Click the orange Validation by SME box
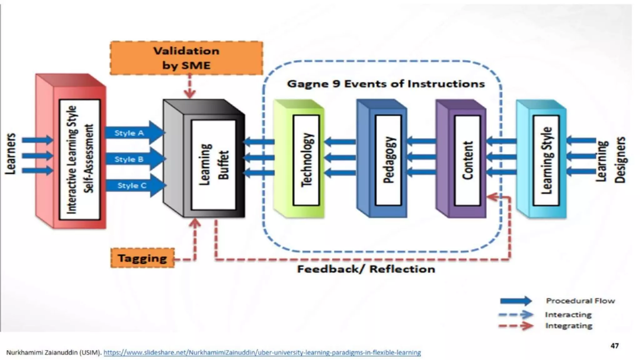(x=186, y=58)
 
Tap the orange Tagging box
(x=142, y=258)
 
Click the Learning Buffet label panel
(x=213, y=165)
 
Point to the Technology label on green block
(x=306, y=160)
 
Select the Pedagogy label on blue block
(x=388, y=160)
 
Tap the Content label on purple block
(x=467, y=160)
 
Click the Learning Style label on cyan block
(x=546, y=160)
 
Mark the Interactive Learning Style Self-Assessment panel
(x=80, y=160)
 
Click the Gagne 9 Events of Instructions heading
(x=386, y=84)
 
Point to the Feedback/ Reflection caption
(x=366, y=269)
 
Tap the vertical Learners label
(x=11, y=154)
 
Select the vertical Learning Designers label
(x=611, y=160)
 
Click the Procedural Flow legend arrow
(x=516, y=301)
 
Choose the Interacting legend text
(x=568, y=315)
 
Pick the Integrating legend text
(x=569, y=326)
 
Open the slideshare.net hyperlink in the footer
(x=262, y=352)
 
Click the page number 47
(x=614, y=346)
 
